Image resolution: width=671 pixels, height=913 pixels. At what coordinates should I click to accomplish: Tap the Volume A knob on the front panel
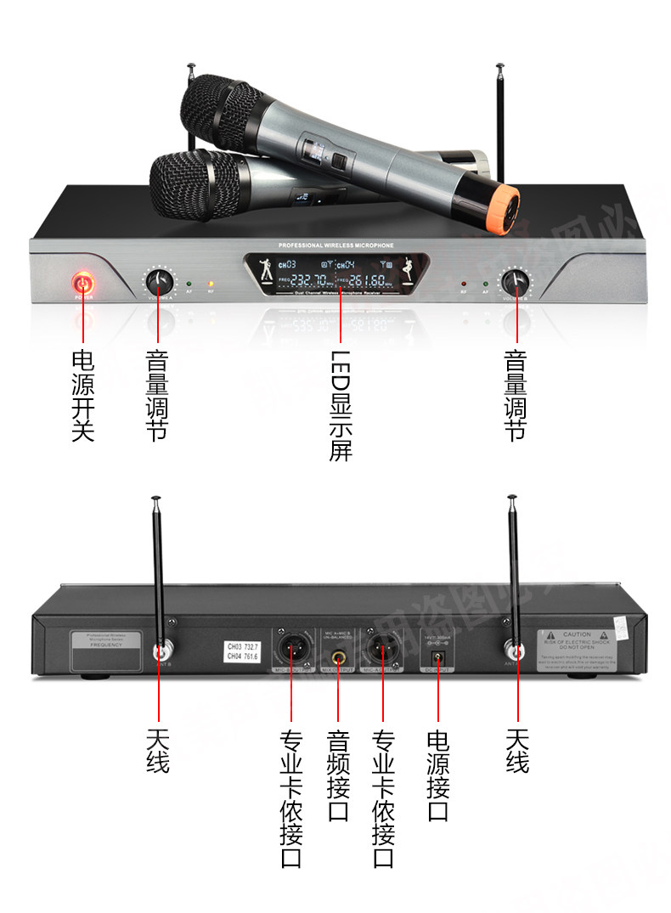(160, 281)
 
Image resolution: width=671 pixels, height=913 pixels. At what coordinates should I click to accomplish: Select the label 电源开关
(83, 396)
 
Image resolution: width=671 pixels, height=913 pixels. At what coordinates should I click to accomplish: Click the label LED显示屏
(340, 406)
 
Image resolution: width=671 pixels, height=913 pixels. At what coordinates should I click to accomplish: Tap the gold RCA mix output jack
(338, 656)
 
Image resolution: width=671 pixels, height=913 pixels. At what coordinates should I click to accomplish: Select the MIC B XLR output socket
(291, 651)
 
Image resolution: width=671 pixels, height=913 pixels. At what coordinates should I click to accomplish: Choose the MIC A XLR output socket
(384, 651)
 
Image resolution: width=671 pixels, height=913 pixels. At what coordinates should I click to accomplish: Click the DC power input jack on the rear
(439, 656)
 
